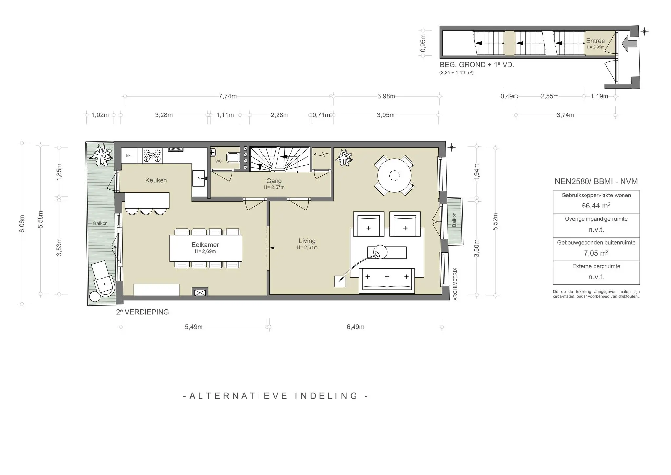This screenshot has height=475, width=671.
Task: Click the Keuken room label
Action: [156, 180]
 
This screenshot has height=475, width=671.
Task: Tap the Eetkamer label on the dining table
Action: [205, 245]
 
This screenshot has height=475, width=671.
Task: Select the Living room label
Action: [307, 241]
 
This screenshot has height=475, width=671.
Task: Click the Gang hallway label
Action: [274, 181]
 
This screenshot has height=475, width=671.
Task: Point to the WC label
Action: [219, 161]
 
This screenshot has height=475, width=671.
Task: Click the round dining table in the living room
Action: [394, 176]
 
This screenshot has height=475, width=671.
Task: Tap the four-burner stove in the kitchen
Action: [152, 155]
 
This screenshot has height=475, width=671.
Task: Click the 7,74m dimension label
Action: [228, 96]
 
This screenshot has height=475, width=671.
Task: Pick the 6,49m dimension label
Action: [355, 327]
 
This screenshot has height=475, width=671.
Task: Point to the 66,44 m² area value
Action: [596, 206]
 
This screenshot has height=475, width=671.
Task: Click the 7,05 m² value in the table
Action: [596, 253]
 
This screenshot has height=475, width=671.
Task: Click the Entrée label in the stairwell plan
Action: [595, 41]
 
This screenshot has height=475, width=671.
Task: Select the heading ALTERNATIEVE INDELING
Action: [276, 396]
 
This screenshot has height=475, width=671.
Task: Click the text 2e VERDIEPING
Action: [143, 312]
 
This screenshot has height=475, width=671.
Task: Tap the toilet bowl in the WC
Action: [233, 158]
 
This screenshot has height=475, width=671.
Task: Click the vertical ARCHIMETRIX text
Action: [455, 284]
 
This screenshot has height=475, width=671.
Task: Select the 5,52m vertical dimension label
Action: [495, 222]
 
